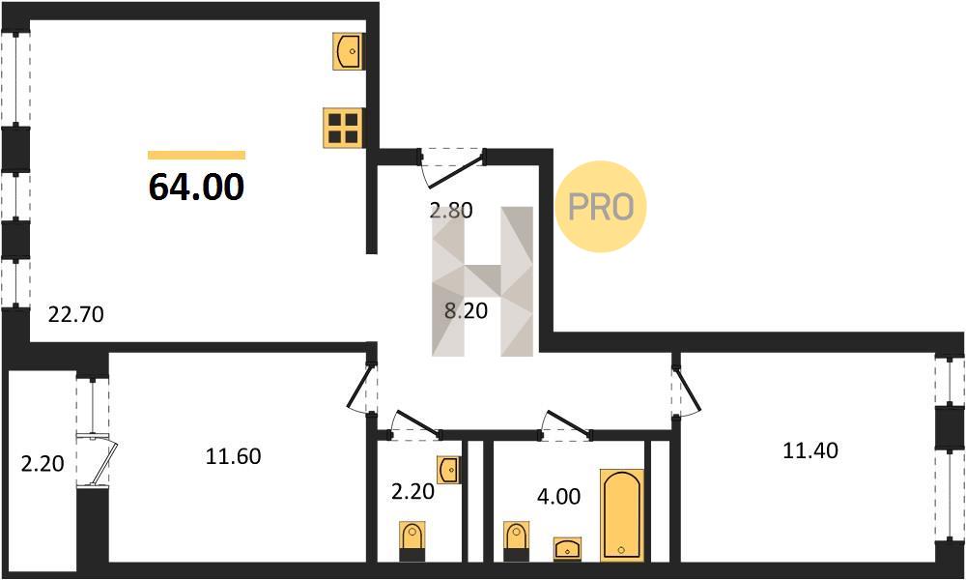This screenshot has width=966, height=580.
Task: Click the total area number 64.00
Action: pyautogui.click(x=196, y=187)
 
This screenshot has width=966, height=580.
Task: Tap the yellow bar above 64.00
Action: pyautogui.click(x=196, y=156)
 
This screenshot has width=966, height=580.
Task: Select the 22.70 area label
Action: pyautogui.click(x=76, y=315)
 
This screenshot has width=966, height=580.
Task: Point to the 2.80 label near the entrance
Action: pyautogui.click(x=451, y=210)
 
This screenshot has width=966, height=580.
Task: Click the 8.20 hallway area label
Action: pyautogui.click(x=466, y=310)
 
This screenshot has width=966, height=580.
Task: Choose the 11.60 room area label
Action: pyautogui.click(x=233, y=456)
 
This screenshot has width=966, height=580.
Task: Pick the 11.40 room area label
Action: pyautogui.click(x=810, y=450)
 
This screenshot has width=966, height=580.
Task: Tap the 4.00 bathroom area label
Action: pyautogui.click(x=558, y=496)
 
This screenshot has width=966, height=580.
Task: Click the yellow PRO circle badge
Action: pyautogui.click(x=600, y=207)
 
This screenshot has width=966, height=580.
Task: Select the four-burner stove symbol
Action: pyautogui.click(x=344, y=128)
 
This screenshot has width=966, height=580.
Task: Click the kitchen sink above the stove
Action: pyautogui.click(x=349, y=51)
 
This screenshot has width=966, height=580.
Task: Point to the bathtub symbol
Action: pyautogui.click(x=622, y=515)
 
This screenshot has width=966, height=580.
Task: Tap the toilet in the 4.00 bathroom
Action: pyautogui.click(x=516, y=541)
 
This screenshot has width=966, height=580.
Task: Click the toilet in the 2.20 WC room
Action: pyautogui.click(x=412, y=541)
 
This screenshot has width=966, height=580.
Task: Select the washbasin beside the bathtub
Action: pyautogui.click(x=567, y=548)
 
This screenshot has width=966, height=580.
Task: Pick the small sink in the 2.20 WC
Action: pyautogui.click(x=448, y=471)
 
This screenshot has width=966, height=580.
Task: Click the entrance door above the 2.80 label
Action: pyautogui.click(x=453, y=167)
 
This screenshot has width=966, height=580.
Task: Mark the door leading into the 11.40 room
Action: pyautogui.click(x=686, y=386)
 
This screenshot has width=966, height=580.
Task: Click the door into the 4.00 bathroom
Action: pyautogui.click(x=566, y=425)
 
